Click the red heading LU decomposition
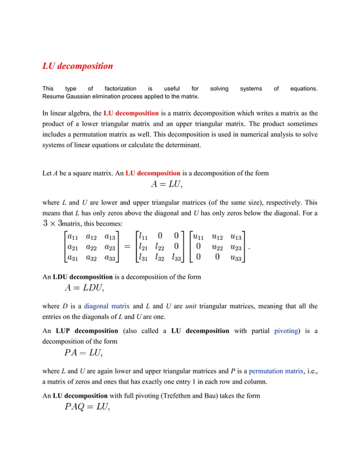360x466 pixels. (78, 66)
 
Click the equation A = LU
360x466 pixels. (164, 184)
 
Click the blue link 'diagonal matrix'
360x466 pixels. (107, 306)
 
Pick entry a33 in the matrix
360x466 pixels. (111, 258)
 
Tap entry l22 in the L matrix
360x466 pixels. (161, 247)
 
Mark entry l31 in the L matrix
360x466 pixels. (144, 258)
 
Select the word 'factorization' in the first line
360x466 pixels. (120, 89)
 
